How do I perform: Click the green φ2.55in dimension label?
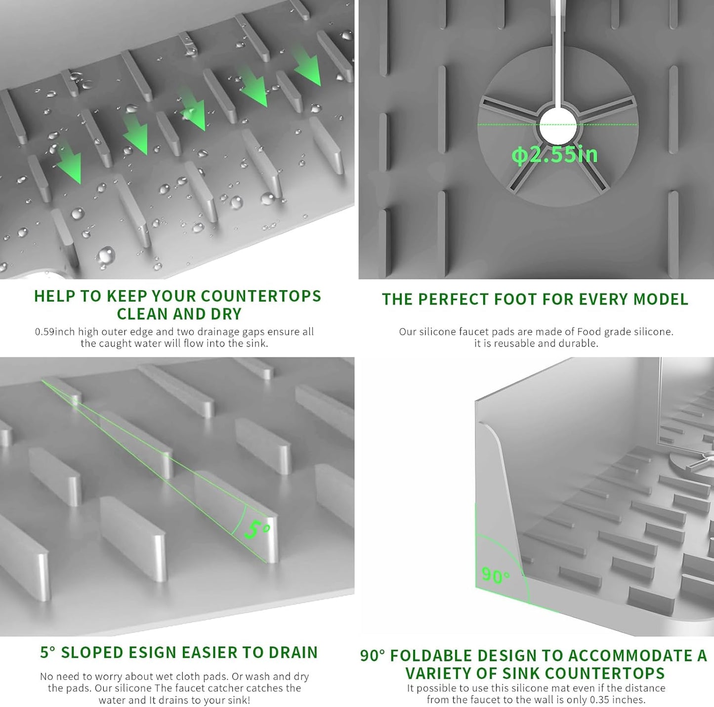[554, 155]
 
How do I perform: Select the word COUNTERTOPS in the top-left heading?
[261, 296]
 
